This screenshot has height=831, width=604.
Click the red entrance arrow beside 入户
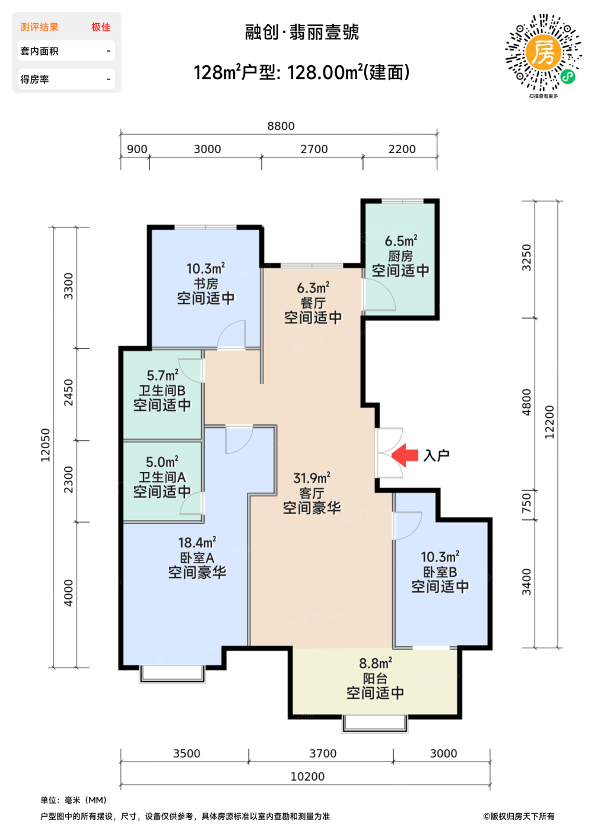(x=405, y=455)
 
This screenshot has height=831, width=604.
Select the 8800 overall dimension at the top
(x=281, y=126)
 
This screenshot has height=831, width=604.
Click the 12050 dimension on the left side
(x=46, y=445)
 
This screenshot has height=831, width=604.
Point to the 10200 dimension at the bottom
(x=307, y=776)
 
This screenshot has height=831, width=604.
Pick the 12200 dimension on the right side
(x=549, y=422)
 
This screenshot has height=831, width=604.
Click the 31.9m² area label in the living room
(x=311, y=478)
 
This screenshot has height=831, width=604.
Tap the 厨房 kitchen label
(x=400, y=256)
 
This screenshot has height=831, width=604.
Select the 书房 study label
(x=206, y=284)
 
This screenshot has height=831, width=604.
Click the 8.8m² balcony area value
(x=376, y=663)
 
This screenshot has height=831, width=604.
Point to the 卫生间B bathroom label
(x=162, y=391)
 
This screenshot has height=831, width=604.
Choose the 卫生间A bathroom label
(x=162, y=477)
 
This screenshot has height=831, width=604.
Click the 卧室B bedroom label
(x=440, y=572)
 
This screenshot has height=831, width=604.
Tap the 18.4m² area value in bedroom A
(x=197, y=543)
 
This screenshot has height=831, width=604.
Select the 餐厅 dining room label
(x=313, y=303)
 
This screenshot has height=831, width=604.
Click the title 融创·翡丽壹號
(x=302, y=32)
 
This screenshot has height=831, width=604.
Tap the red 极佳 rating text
(x=101, y=27)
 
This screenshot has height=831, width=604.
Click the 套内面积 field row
(x=66, y=51)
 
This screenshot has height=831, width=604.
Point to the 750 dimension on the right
(x=526, y=504)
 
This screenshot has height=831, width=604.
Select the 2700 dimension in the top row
(x=314, y=149)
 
